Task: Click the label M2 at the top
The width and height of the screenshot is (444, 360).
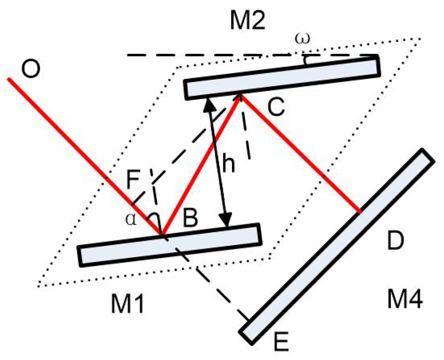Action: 247,21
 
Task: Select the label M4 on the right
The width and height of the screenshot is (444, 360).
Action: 405,299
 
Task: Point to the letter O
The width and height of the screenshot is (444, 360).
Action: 31,69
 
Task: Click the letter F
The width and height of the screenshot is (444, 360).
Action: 133,180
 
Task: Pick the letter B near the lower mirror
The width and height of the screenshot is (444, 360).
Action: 190,219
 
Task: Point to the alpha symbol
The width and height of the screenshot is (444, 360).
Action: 131,220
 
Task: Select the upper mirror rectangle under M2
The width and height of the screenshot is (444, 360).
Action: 282,78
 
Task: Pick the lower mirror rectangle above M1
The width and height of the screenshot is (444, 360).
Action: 170,245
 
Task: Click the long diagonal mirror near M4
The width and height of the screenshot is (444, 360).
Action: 336,246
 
